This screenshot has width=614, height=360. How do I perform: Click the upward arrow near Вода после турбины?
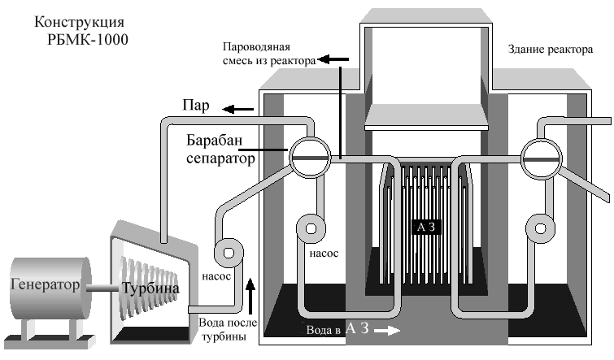251,288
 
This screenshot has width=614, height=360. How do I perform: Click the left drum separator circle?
310,157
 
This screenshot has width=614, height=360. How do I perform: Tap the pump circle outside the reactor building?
229,251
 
